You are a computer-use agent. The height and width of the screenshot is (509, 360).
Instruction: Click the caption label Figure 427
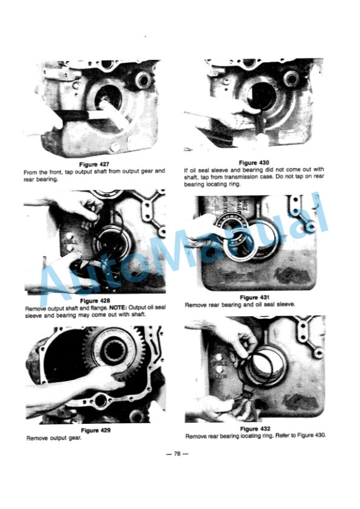pyautogui.click(x=94, y=164)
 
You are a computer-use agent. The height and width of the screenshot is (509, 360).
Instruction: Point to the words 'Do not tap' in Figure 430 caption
pyautogui.click(x=285, y=176)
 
